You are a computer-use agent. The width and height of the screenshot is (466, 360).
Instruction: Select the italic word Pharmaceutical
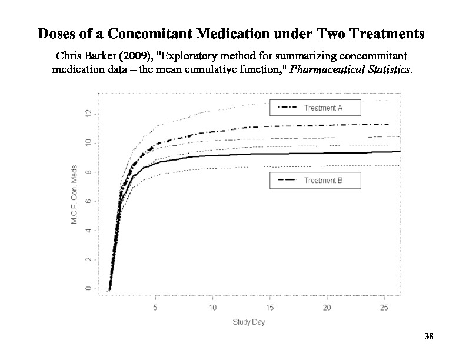331,69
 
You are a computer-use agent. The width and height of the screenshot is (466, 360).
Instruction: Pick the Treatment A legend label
323,108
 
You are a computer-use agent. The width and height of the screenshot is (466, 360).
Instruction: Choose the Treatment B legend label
323,181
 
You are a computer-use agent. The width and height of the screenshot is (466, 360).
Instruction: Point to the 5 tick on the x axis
155,307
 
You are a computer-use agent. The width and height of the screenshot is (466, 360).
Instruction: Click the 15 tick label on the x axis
269,307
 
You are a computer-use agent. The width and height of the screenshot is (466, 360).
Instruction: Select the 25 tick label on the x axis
384,307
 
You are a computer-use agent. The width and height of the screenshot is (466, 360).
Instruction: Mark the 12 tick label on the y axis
87,114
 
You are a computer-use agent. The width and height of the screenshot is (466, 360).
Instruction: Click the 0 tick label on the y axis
87,288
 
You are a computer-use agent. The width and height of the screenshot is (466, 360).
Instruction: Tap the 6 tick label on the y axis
87,201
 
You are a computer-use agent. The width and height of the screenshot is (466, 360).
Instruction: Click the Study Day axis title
248,322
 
